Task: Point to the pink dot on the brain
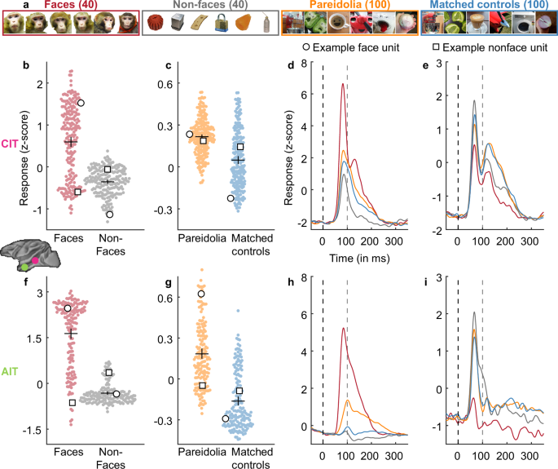35,259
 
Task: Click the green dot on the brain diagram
25,266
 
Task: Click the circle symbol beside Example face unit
305,48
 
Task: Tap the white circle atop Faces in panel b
81,103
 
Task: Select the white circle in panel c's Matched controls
231,198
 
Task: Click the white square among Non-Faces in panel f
108,373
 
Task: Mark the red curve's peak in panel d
343,84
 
